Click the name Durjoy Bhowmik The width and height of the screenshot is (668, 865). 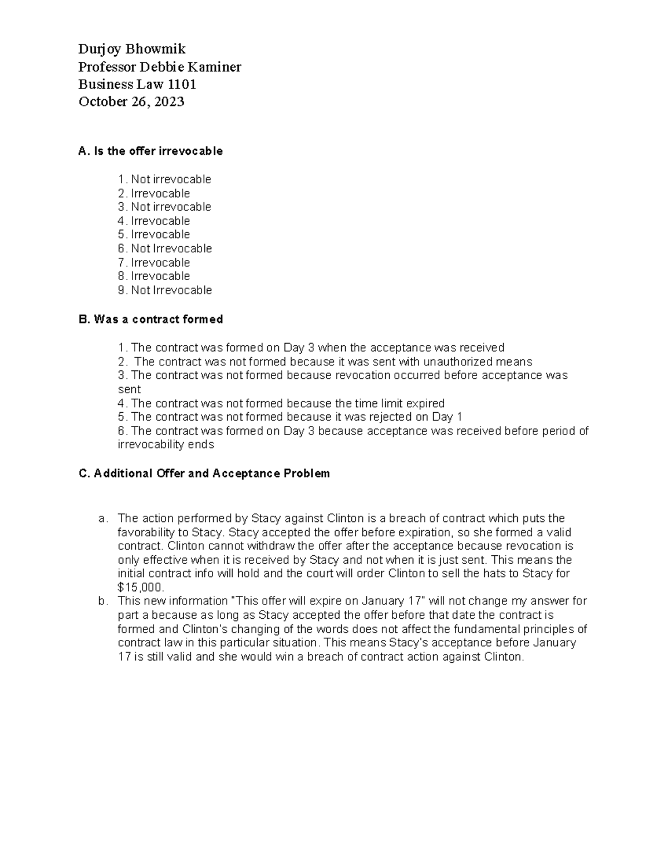(132, 50)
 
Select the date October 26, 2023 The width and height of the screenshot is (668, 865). (131, 102)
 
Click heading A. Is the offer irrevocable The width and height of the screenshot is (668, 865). (150, 151)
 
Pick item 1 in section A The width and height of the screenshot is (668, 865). (165, 179)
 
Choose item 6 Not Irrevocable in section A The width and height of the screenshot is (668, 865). (165, 248)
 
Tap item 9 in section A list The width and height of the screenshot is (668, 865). (165, 290)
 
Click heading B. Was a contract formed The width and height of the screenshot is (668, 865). (150, 319)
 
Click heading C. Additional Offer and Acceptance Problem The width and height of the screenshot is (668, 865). (204, 473)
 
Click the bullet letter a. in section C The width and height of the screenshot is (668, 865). (102, 519)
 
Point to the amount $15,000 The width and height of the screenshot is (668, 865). (141, 588)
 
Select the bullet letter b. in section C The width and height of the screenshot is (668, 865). (102, 601)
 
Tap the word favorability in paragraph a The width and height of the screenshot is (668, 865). (146, 532)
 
